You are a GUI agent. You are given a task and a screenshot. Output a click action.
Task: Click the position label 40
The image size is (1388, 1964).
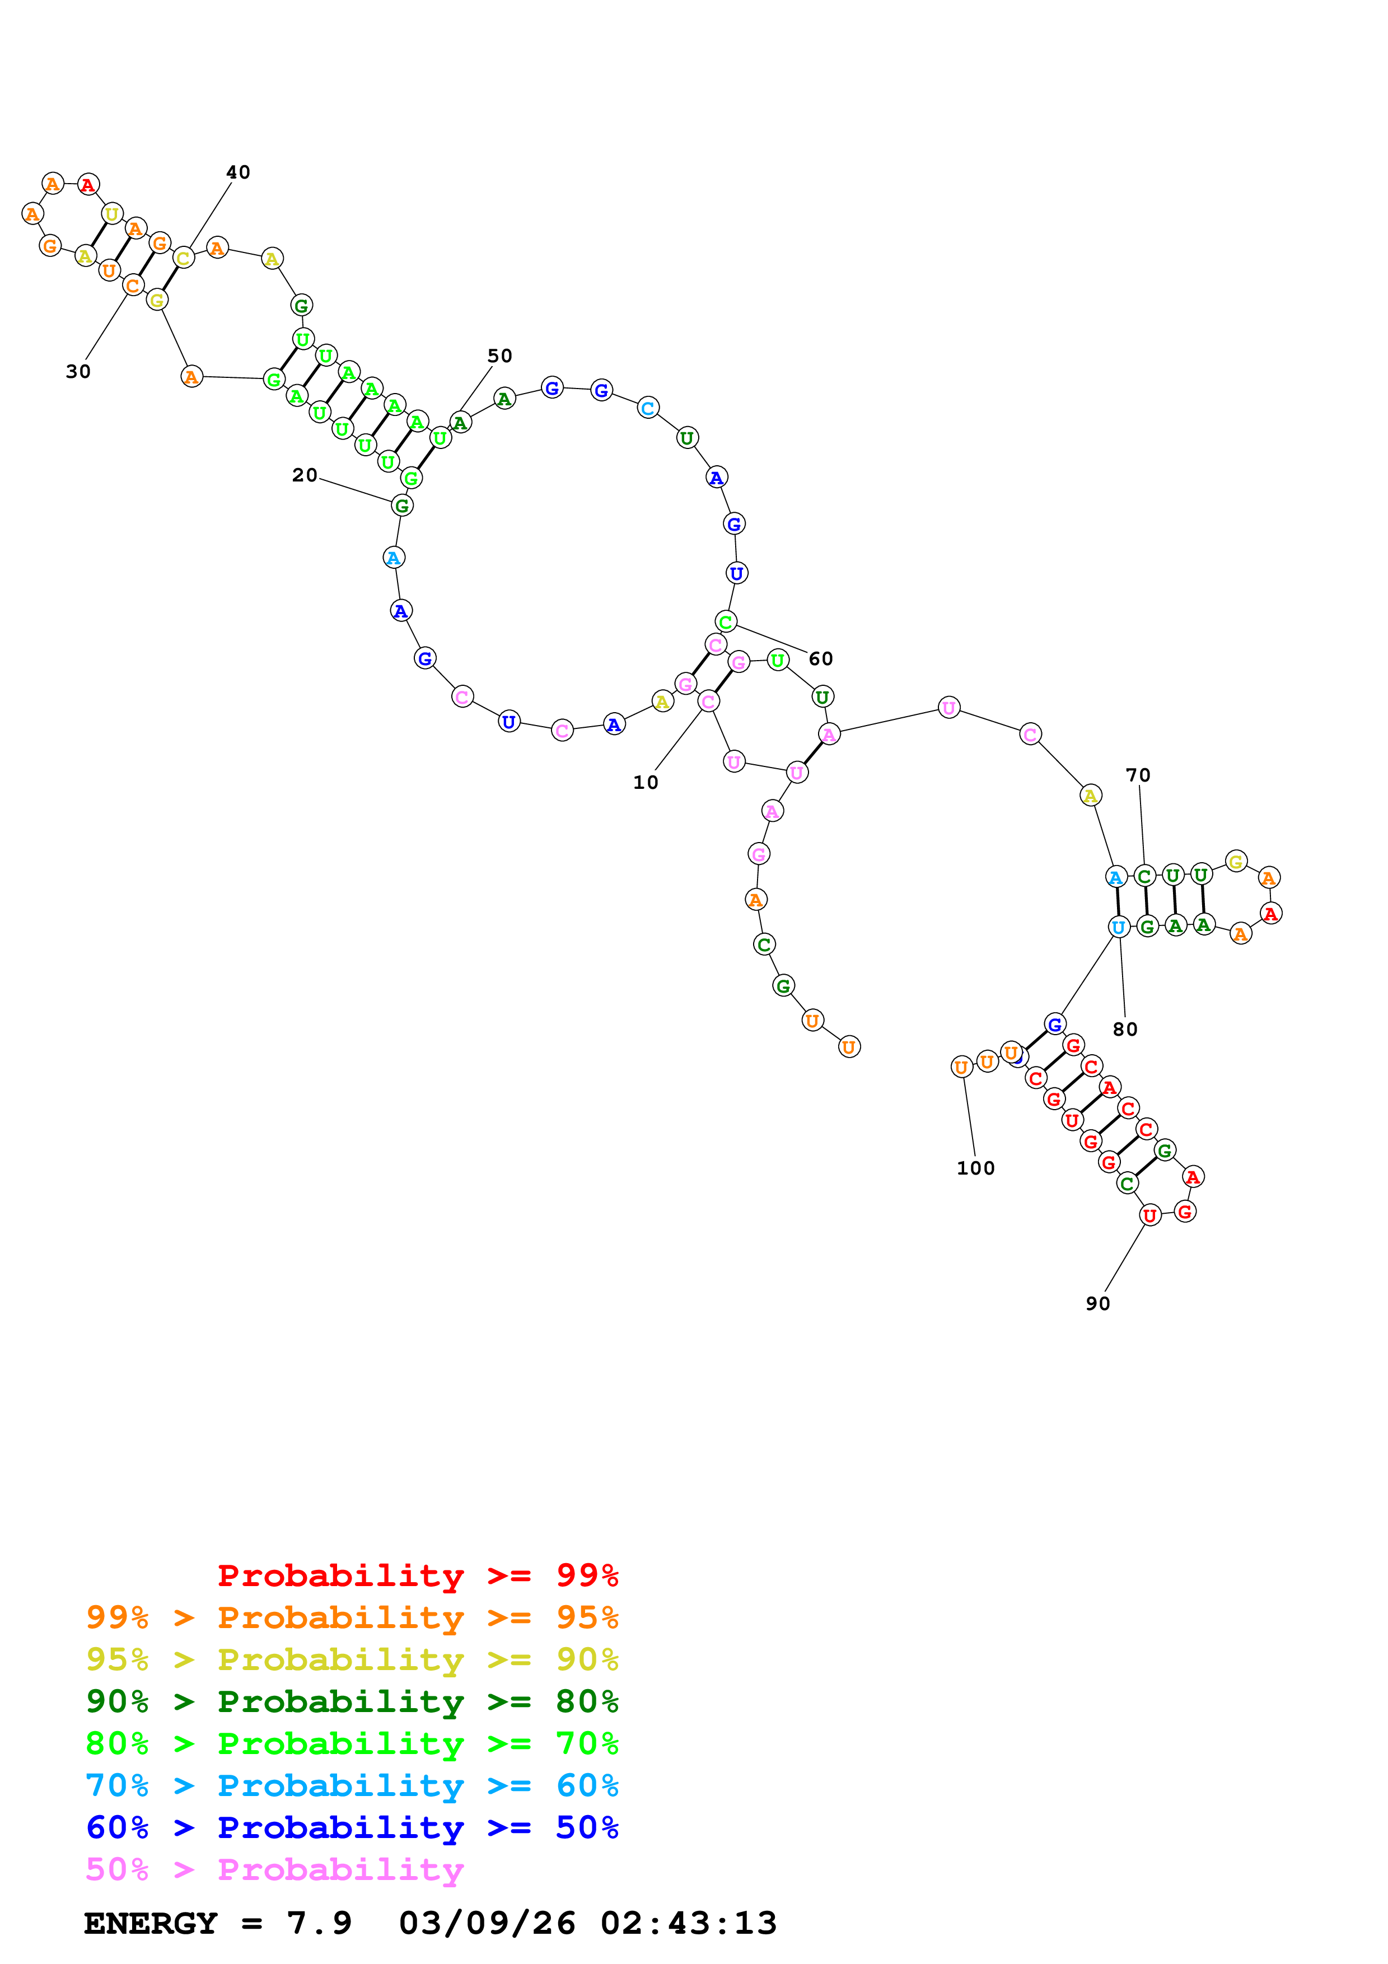point(238,173)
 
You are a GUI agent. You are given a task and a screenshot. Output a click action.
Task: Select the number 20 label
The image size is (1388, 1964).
point(305,475)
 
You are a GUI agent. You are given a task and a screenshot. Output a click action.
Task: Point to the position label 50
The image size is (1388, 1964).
point(499,356)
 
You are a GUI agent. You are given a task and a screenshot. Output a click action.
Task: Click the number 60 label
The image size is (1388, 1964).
point(820,658)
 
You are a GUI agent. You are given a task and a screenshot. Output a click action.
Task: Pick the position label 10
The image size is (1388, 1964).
point(646,783)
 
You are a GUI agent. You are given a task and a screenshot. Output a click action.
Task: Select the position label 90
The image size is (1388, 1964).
point(1097,1303)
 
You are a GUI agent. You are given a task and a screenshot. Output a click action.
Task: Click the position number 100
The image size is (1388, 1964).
point(975,1168)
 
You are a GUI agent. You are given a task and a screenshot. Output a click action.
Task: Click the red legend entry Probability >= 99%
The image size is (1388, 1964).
point(417,1575)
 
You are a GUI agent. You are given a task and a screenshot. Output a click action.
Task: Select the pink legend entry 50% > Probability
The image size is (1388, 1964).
point(274,1870)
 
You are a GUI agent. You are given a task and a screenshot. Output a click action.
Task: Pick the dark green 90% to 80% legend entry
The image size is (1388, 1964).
point(352,1702)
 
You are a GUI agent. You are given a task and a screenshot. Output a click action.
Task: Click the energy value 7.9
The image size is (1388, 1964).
point(319,1924)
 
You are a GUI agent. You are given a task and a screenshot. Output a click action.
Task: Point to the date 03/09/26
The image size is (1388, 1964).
point(487,1924)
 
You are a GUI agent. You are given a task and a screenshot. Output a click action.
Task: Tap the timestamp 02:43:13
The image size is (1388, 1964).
point(689,1924)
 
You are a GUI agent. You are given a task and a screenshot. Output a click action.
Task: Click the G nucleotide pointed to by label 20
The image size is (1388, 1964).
point(402,506)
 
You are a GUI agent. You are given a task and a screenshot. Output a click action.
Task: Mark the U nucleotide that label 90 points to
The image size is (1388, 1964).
point(1149,1215)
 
